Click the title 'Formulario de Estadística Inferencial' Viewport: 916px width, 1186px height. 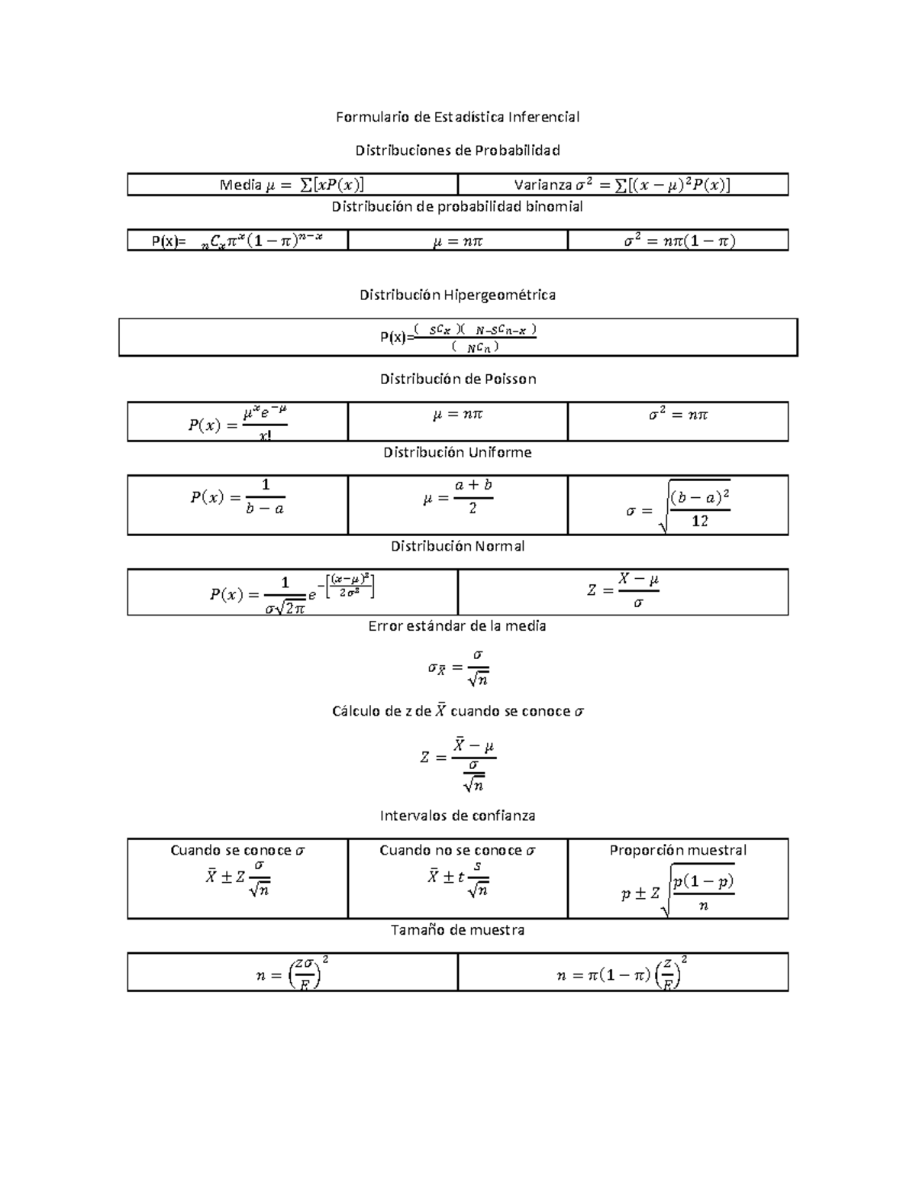click(x=457, y=117)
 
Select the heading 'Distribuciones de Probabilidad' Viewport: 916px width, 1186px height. click(x=457, y=150)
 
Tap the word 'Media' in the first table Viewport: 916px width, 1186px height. click(x=240, y=185)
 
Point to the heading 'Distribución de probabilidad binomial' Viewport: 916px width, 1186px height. click(x=457, y=207)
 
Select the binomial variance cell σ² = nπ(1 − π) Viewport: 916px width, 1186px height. click(x=679, y=241)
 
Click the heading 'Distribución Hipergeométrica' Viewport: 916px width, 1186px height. click(x=457, y=295)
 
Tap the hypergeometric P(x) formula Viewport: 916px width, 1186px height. click(x=459, y=338)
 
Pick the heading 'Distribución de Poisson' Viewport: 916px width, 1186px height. click(x=458, y=379)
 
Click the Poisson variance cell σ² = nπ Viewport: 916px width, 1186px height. click(x=678, y=415)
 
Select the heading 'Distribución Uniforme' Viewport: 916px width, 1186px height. click(x=457, y=452)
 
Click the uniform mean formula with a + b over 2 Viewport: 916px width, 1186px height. click(x=458, y=497)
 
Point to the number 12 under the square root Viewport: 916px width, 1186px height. click(x=699, y=521)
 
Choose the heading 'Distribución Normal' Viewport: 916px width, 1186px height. click(x=457, y=546)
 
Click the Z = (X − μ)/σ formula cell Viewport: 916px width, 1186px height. click(x=623, y=590)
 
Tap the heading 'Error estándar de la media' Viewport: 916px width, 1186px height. click(x=457, y=626)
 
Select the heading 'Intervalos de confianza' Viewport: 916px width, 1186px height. click(x=457, y=816)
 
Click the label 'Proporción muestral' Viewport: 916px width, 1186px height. click(x=678, y=850)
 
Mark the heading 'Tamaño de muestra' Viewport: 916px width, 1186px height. click(x=457, y=930)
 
